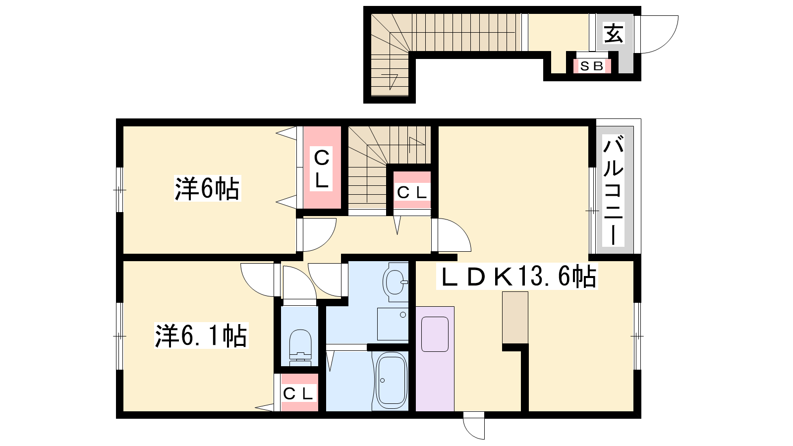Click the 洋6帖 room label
[208, 188]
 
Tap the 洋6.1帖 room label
[201, 335]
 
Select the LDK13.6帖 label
[517, 276]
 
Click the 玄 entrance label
[614, 33]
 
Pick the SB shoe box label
[592, 66]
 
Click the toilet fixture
[300, 347]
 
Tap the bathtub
[391, 380]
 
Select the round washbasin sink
[395, 282]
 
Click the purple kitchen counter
[435, 359]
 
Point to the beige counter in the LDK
[515, 318]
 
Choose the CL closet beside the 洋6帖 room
[322, 167]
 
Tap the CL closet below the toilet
[299, 393]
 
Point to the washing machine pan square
[393, 324]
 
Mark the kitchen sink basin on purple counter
[435, 334]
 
